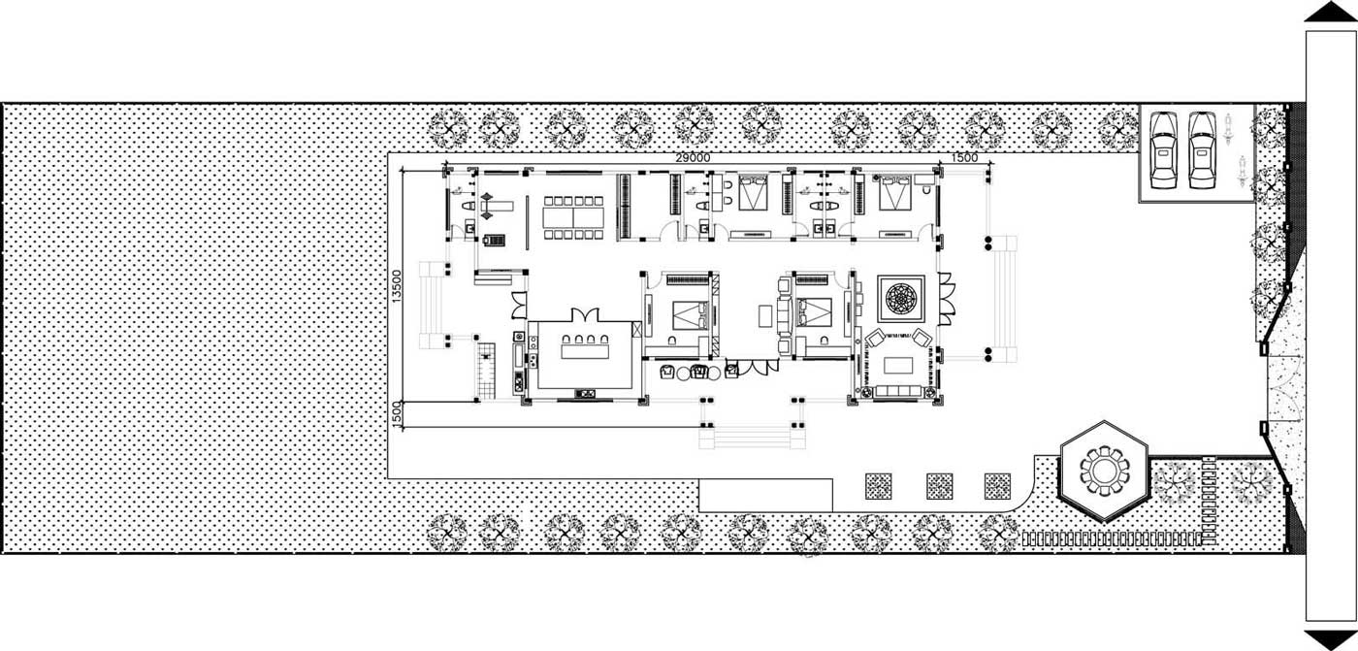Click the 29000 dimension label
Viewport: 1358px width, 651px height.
coord(693,157)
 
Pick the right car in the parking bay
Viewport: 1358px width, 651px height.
coord(1201,149)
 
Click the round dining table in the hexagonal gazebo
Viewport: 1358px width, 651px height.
coord(1104,472)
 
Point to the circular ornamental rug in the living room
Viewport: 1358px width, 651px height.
coord(900,299)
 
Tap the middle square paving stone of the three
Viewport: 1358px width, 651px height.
coord(939,485)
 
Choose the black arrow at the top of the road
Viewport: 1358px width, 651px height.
coord(1330,12)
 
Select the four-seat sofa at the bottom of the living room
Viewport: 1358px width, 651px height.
coord(900,391)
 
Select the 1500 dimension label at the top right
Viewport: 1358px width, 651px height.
coord(964,157)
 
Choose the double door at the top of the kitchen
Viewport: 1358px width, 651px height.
coord(586,316)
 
